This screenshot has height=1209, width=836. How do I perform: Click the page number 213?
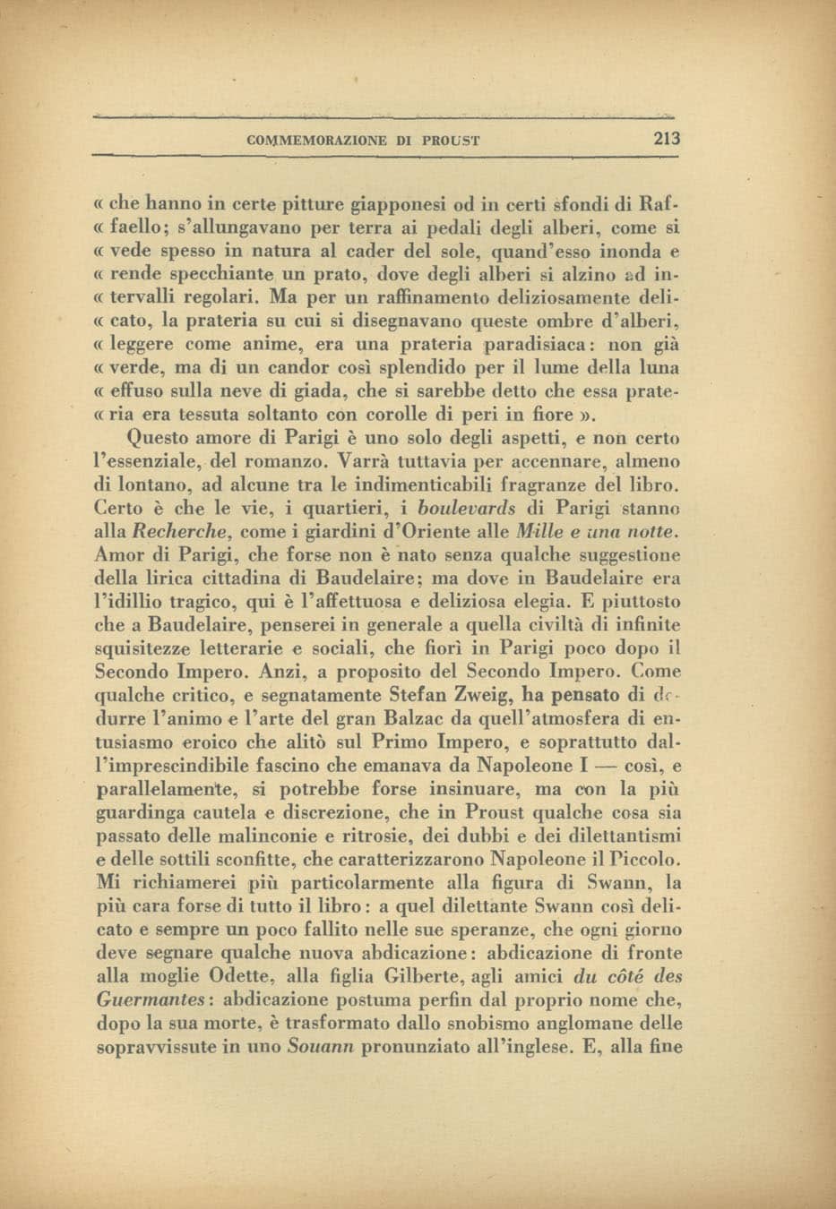[668, 139]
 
